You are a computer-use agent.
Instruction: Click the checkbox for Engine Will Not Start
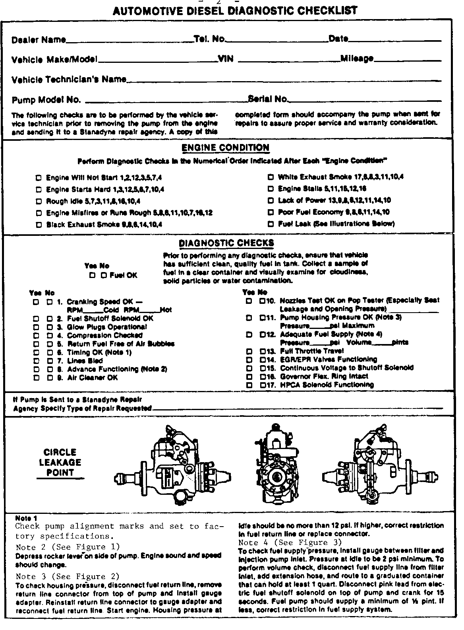point(39,178)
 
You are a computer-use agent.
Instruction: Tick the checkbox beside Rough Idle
point(39,201)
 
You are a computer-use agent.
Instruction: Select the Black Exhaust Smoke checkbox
point(39,225)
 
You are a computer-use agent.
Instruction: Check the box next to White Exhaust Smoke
point(271,177)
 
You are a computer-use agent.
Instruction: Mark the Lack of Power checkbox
point(271,200)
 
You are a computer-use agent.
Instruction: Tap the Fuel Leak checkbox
point(271,224)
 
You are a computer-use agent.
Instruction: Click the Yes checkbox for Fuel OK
point(92,275)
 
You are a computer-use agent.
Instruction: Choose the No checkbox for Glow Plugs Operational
point(50,327)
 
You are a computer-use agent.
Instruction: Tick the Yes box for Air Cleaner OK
point(36,377)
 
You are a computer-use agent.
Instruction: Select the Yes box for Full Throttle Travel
point(249,351)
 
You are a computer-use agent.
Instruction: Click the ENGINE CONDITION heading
point(225,148)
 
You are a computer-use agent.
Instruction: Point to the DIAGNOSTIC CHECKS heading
point(226,243)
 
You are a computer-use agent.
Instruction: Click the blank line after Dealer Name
point(130,41)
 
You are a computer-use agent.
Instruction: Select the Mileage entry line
point(408,61)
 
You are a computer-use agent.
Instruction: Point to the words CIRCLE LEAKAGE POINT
point(60,463)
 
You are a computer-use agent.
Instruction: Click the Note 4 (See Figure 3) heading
point(290,542)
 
